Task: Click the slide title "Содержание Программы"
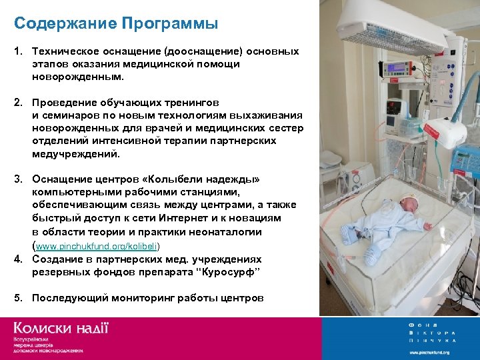116,24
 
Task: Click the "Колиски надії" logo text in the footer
60,329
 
